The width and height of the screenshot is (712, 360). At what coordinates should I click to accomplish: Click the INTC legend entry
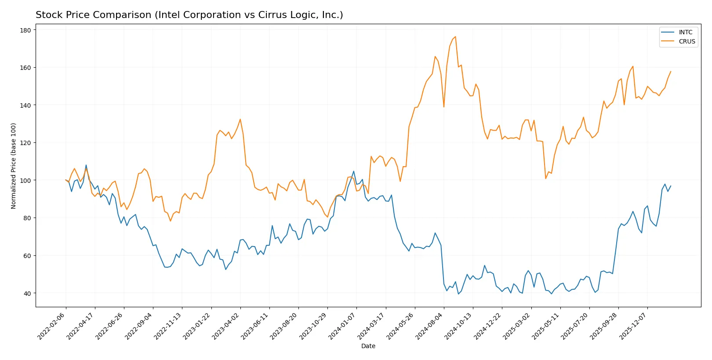pyautogui.click(x=685, y=32)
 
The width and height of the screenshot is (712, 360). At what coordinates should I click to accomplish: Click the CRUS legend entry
pyautogui.click(x=687, y=41)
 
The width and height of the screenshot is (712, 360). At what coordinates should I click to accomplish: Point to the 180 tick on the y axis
pyautogui.click(x=25, y=30)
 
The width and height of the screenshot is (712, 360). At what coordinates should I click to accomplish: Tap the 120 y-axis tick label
pyautogui.click(x=25, y=143)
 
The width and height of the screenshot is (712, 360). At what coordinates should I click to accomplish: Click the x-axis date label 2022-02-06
pyautogui.click(x=52, y=326)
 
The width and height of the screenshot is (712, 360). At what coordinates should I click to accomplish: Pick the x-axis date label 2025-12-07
pyautogui.click(x=633, y=326)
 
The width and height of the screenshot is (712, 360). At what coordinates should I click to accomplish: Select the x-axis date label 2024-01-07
pyautogui.click(x=342, y=326)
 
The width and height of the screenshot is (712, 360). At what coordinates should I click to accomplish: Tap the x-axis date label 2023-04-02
pyautogui.click(x=226, y=326)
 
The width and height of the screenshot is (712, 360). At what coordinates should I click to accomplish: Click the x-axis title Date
pyautogui.click(x=368, y=346)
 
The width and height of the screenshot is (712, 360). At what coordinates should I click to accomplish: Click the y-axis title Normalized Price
pyautogui.click(x=13, y=166)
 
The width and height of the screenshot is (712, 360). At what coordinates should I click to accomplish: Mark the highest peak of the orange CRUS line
pyautogui.click(x=455, y=36)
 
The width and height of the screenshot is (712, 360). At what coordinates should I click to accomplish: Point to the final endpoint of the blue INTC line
pyautogui.click(x=671, y=186)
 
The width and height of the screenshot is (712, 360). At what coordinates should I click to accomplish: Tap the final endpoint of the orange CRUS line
pyautogui.click(x=671, y=71)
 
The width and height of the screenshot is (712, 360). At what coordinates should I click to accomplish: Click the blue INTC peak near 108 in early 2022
pyautogui.click(x=86, y=165)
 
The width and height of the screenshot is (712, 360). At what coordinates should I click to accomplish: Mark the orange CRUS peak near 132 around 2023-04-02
pyautogui.click(x=240, y=119)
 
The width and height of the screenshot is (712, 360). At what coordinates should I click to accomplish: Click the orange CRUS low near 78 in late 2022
pyautogui.click(x=171, y=221)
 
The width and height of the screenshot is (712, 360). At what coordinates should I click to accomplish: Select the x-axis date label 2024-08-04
pyautogui.click(x=429, y=326)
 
